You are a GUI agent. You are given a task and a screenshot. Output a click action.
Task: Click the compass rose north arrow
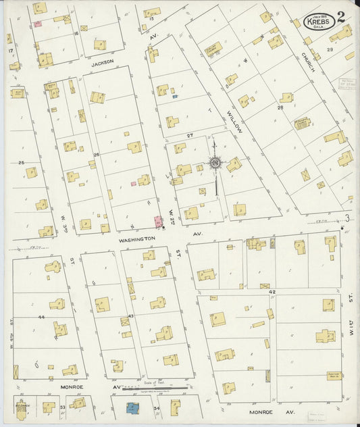pos(215,163)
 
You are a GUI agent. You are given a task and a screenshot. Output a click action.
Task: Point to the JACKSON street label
pos(103,61)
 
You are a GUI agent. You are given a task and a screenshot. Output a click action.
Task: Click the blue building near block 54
pos(132,408)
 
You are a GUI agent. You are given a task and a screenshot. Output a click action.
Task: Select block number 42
pos(272,291)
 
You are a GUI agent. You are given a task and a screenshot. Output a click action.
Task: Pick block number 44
pos(41,316)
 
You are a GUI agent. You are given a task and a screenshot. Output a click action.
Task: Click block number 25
pos(21,163)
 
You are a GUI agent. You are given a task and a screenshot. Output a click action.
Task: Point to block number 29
pos(330,49)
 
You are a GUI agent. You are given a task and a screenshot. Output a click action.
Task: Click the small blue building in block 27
pos(175,97)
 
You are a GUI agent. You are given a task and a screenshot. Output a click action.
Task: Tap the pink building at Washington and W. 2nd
pos(158,222)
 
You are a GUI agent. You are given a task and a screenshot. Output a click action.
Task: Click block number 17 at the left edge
pos(9,51)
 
